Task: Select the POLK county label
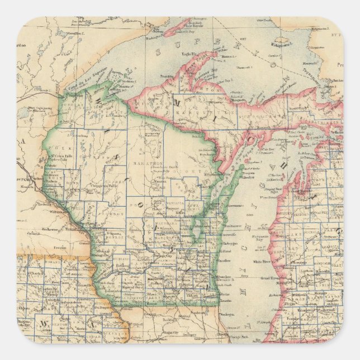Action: pyautogui.click(x=61, y=150)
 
